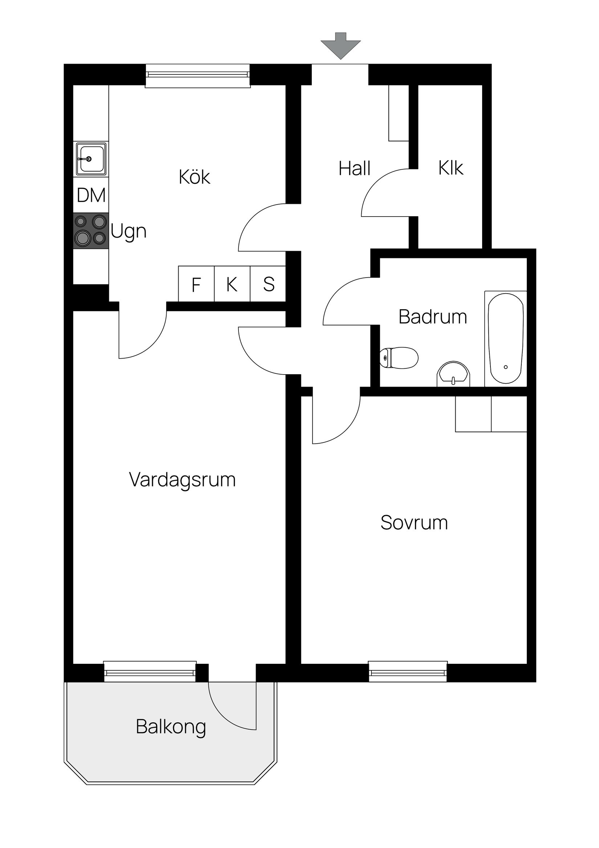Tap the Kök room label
(x=195, y=177)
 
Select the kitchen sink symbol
(x=91, y=159)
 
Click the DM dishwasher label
(x=91, y=195)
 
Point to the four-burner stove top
(x=91, y=230)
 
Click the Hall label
(x=354, y=169)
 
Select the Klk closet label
(x=451, y=168)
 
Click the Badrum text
(x=432, y=317)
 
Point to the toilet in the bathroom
(x=399, y=358)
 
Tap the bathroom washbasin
(x=453, y=374)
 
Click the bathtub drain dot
(x=505, y=367)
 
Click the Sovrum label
(x=414, y=522)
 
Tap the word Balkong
(x=171, y=727)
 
